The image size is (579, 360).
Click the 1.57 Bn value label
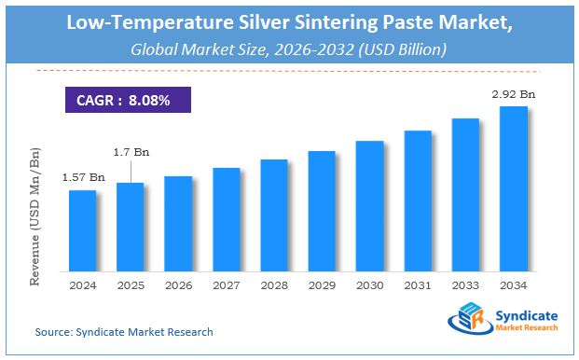click(82, 177)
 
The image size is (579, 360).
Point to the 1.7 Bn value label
click(131, 151)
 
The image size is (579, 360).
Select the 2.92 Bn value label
click(514, 94)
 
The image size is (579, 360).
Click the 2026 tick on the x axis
click(178, 285)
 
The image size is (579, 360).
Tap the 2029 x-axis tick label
click(322, 285)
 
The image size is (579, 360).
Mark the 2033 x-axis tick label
click(466, 285)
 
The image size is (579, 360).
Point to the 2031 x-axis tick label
click(418, 285)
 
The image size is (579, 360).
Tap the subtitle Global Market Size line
click(289, 48)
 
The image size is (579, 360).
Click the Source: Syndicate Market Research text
click(124, 332)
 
